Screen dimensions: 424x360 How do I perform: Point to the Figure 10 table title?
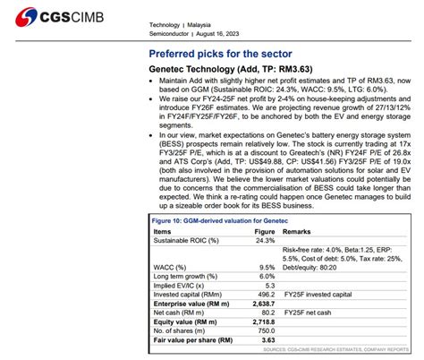coord(208,220)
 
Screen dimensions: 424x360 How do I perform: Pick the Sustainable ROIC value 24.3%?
coord(265,240)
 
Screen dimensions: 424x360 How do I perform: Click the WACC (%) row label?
coord(169,267)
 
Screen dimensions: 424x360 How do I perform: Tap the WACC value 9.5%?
coord(267,267)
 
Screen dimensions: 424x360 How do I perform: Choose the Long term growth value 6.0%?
coord(267,276)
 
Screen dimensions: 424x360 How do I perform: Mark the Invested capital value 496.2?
coord(265,294)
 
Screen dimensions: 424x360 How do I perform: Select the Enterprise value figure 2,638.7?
coord(262,304)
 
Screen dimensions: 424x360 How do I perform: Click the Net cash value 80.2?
coord(267,313)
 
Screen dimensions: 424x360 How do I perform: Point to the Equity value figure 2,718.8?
coord(262,321)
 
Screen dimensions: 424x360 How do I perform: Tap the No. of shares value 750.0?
coord(265,330)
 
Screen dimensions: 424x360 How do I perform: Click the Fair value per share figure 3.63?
coord(267,340)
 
